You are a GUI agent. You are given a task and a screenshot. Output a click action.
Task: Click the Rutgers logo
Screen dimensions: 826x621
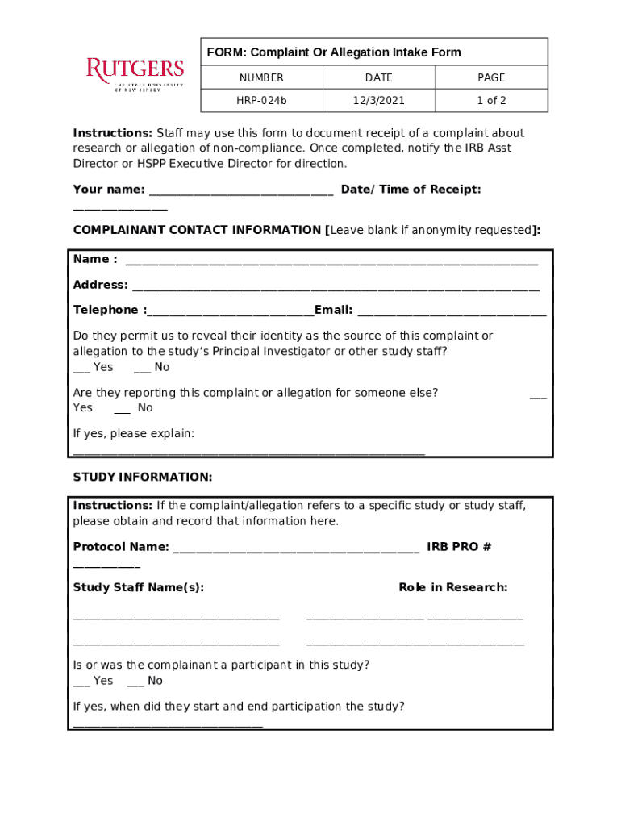135,74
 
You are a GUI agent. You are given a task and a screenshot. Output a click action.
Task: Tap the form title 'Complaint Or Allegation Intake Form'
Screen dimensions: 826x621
334,52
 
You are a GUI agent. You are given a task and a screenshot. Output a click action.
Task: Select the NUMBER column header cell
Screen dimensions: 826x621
260,77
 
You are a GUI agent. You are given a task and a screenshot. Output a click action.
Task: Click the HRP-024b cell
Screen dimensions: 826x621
260,101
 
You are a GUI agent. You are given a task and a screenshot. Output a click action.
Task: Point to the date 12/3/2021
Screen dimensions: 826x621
378,101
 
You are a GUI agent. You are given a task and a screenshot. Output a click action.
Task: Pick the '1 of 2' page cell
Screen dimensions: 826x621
490,101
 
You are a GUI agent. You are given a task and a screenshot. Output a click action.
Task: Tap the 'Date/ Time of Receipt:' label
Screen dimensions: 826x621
411,190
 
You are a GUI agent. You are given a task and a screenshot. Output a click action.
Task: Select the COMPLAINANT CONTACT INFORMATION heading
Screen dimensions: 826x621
198,230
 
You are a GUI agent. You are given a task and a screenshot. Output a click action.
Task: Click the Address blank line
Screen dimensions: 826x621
336,287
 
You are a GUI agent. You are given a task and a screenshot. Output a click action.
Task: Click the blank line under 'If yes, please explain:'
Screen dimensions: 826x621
248,453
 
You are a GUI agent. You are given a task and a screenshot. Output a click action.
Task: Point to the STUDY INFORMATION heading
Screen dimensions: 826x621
143,478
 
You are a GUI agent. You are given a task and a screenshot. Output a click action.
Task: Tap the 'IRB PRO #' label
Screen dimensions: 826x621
459,547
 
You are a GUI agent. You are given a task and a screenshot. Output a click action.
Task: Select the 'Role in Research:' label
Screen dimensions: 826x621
452,587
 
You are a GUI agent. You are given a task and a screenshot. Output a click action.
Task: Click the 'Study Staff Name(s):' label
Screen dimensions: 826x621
139,587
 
